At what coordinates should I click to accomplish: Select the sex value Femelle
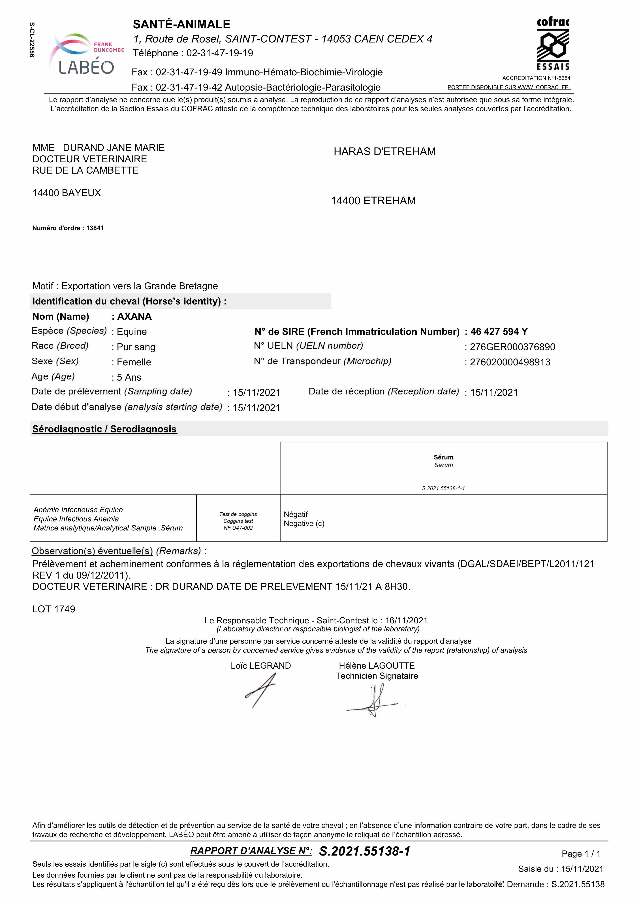pyautogui.click(x=134, y=362)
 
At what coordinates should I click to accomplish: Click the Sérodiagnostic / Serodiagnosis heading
pyautogui.click(x=105, y=429)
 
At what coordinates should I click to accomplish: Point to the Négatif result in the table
pyautogui.click(x=296, y=515)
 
